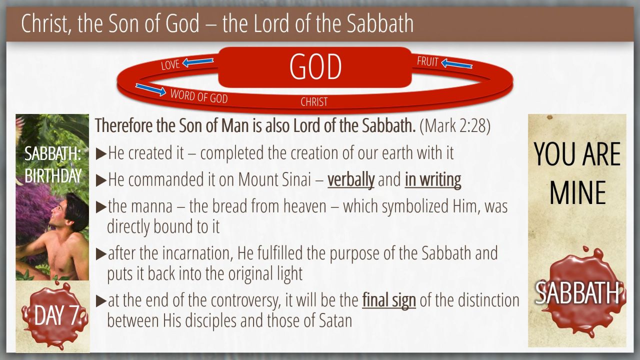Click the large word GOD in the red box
pyautogui.click(x=315, y=67)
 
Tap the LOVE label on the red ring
pyautogui.click(x=170, y=65)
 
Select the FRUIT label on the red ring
pyautogui.click(x=427, y=61)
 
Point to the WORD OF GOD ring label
pyautogui.click(x=199, y=96)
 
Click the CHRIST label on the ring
pyautogui.click(x=314, y=102)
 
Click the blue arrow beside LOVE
pyautogui.click(x=198, y=62)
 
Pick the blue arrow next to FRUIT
pyautogui.click(x=456, y=63)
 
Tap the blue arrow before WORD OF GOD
pyautogui.click(x=151, y=89)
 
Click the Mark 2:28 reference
pyautogui.click(x=455, y=125)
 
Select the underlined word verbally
pyautogui.click(x=351, y=180)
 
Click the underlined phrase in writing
pyautogui.click(x=433, y=180)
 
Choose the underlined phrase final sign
pyautogui.click(x=389, y=300)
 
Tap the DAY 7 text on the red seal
pyautogui.click(x=56, y=315)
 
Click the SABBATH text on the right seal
pyautogui.click(x=577, y=293)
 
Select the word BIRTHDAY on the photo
pyautogui.click(x=53, y=175)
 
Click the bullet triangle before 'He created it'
pyautogui.click(x=101, y=154)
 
